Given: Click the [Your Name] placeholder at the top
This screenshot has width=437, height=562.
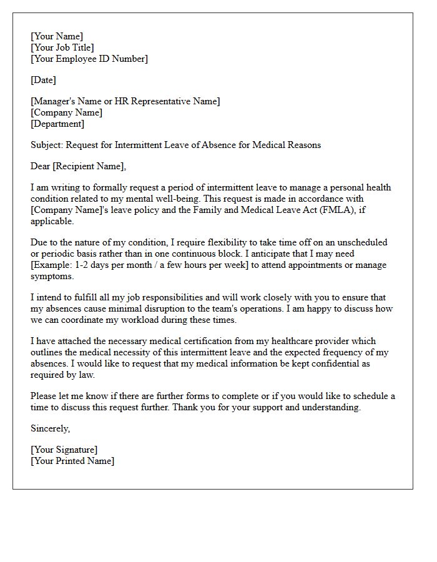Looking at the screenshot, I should [x=57, y=36].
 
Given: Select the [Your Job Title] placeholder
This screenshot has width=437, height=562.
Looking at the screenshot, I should [x=62, y=47].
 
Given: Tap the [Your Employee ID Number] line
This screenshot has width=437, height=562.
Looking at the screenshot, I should [x=89, y=59].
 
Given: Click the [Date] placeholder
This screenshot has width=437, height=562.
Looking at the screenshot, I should [x=43, y=80].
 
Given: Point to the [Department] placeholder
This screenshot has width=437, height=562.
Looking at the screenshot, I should [x=57, y=124].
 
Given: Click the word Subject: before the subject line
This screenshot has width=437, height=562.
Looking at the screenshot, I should [x=47, y=145].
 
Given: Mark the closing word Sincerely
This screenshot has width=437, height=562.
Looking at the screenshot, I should [x=50, y=428].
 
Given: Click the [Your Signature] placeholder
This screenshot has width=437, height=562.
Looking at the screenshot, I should [x=64, y=450].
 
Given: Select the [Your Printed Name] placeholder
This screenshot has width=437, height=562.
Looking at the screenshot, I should [x=72, y=461].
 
